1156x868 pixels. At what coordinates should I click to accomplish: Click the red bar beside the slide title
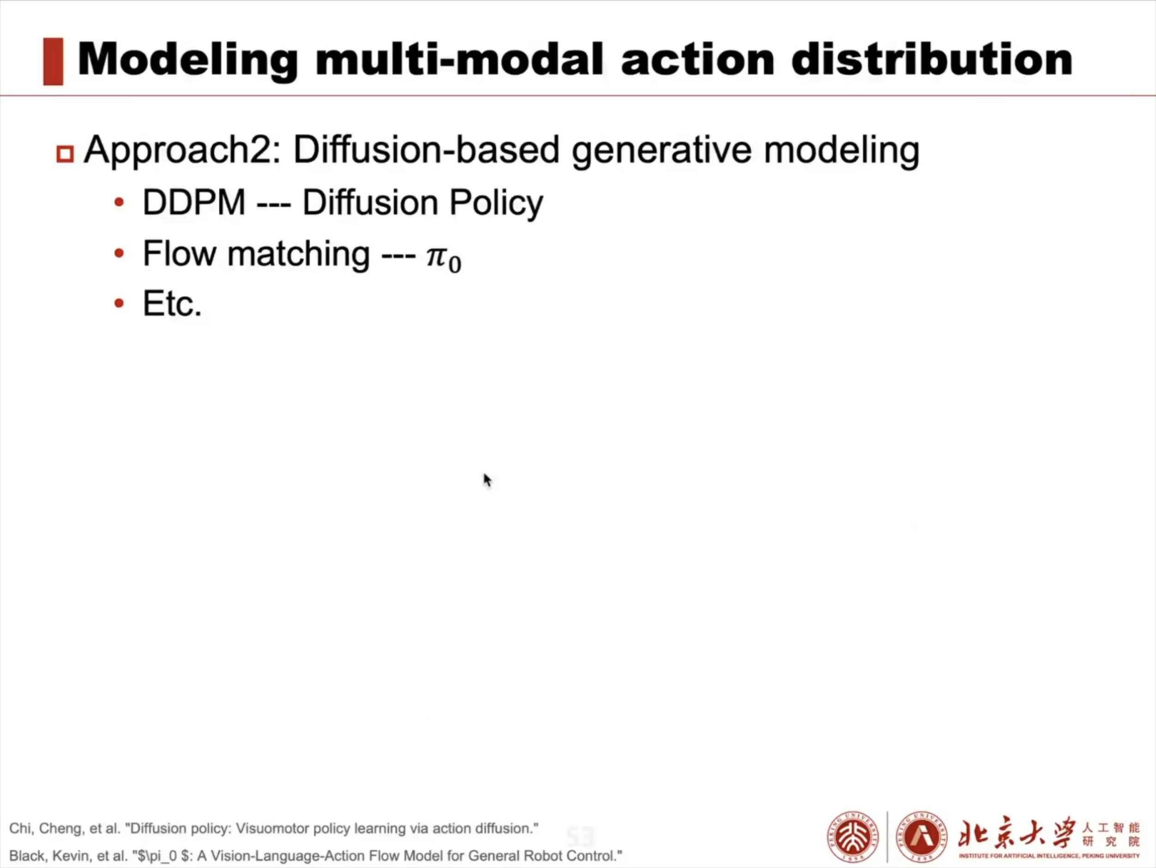coord(53,61)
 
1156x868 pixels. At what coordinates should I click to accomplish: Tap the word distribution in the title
coord(932,59)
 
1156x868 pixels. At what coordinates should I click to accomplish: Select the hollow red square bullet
coord(65,154)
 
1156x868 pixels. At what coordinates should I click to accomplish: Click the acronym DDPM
coord(194,202)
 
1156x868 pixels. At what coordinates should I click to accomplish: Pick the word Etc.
coord(172,303)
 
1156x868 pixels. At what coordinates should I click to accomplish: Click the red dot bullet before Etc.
coord(119,303)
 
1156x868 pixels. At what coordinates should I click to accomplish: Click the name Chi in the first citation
coord(20,828)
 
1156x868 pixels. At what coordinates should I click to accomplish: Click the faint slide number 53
coord(581,837)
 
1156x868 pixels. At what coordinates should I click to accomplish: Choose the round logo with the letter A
coord(922,837)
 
